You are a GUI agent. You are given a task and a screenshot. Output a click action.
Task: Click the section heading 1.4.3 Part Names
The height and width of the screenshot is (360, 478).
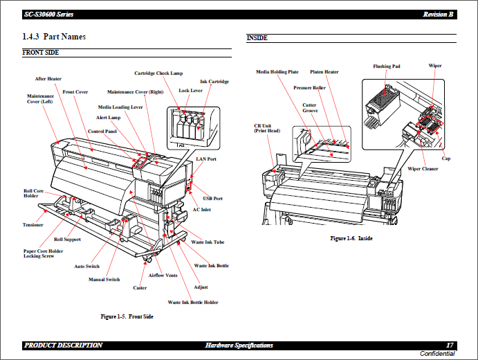(x=54, y=36)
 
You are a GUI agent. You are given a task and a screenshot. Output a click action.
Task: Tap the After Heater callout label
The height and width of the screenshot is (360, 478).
(x=48, y=79)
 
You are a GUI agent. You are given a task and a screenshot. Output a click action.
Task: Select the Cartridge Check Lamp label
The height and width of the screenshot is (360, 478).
(x=158, y=73)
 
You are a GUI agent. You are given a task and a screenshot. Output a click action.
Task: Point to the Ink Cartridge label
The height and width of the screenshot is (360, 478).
(x=214, y=82)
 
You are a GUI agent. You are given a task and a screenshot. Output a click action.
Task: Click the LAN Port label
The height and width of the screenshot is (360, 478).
(x=206, y=159)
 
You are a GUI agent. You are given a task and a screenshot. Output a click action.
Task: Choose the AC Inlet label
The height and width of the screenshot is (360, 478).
(x=201, y=210)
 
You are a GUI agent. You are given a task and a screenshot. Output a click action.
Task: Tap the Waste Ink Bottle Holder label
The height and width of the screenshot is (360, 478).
(x=193, y=303)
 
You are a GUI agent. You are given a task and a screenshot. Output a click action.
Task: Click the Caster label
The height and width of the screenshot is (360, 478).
(x=140, y=288)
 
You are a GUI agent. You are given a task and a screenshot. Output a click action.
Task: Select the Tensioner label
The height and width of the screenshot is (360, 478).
(x=33, y=225)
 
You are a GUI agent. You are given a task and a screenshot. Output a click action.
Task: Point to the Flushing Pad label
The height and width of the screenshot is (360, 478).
(x=387, y=66)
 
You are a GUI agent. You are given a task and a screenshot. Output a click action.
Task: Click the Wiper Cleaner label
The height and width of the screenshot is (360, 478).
(x=423, y=169)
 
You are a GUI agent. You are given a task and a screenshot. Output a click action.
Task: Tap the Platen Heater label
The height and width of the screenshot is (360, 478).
(x=324, y=71)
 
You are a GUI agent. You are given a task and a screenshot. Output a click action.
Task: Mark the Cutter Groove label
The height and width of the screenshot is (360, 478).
(x=310, y=108)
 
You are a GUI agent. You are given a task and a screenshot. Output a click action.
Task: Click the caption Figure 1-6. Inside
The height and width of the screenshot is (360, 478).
(x=351, y=238)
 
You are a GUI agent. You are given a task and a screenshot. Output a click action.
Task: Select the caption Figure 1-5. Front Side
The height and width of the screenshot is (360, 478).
(x=127, y=316)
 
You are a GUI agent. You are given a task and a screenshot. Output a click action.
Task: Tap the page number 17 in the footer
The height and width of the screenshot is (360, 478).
(x=450, y=345)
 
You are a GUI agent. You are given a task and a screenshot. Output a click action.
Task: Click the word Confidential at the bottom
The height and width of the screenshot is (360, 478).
(x=438, y=354)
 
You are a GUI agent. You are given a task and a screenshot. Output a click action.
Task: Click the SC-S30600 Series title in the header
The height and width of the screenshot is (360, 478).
(x=48, y=15)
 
